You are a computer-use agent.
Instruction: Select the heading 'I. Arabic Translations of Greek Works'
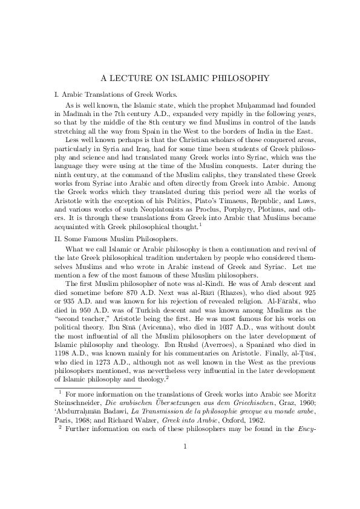[116, 94]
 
